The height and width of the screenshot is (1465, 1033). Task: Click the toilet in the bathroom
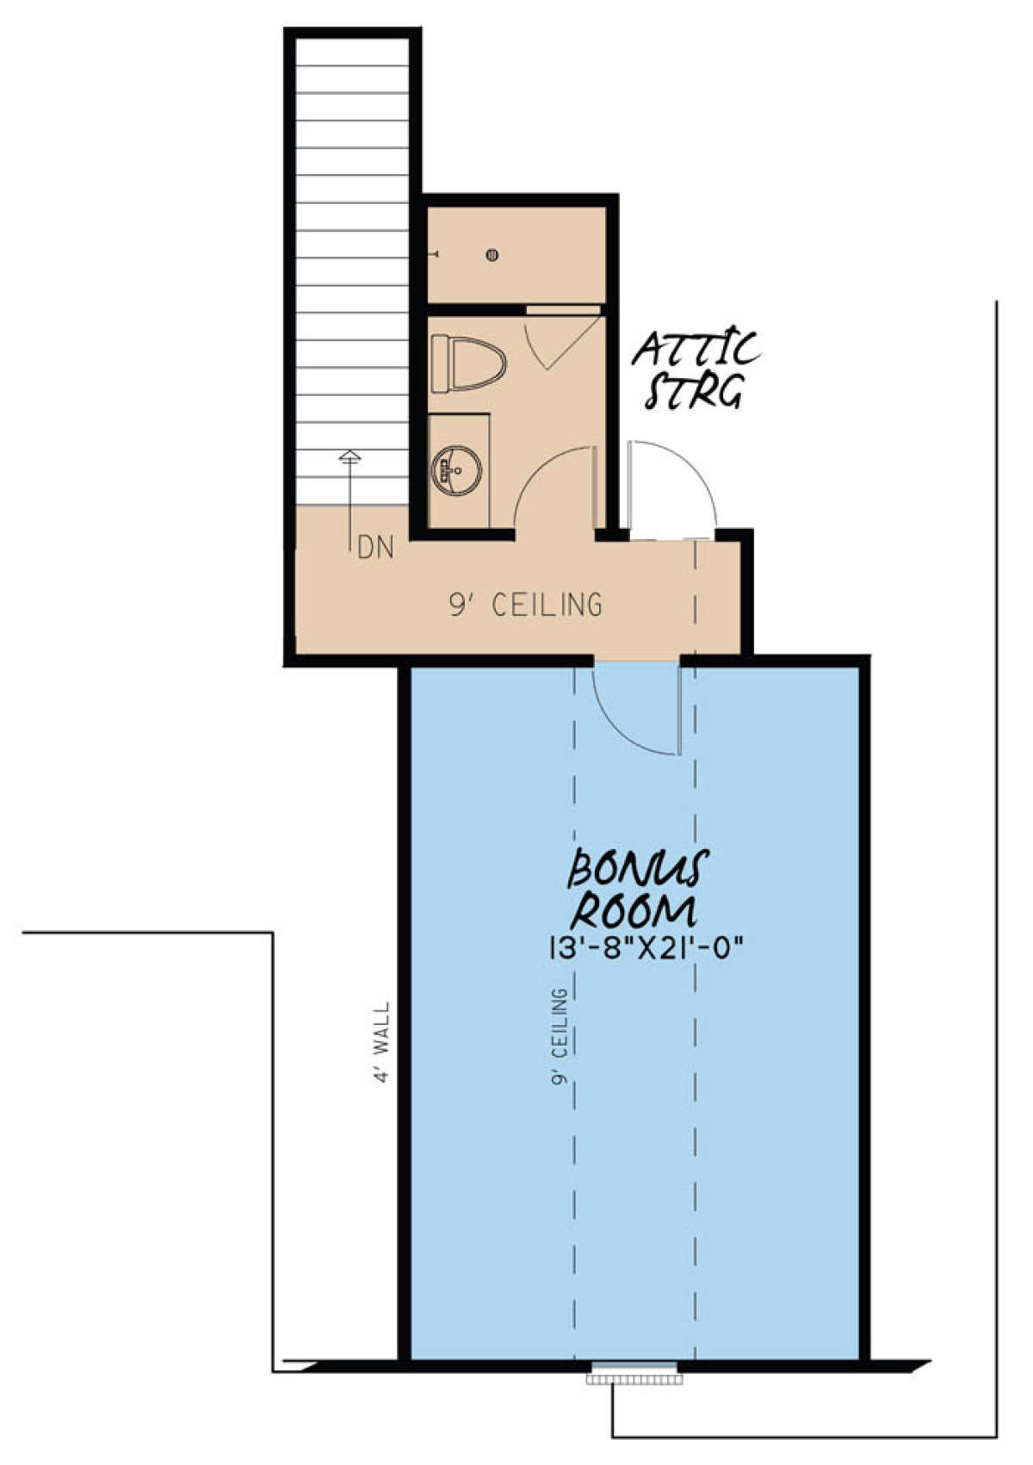pyautogui.click(x=468, y=363)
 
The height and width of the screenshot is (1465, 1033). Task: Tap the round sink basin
pyautogui.click(x=456, y=469)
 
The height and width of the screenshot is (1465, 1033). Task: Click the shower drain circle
pyautogui.click(x=492, y=255)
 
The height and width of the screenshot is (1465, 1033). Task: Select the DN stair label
pyautogui.click(x=376, y=548)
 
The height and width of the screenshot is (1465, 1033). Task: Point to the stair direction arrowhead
pyautogui.click(x=351, y=456)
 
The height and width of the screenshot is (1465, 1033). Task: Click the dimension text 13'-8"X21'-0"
pyautogui.click(x=646, y=947)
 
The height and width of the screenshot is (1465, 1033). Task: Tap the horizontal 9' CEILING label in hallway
pyautogui.click(x=525, y=605)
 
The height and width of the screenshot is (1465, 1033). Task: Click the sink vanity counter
pyautogui.click(x=459, y=470)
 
